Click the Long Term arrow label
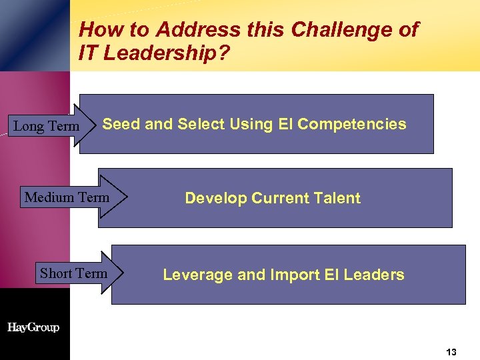47,126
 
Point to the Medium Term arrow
67,197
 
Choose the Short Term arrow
73,273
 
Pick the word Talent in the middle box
338,198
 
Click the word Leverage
193,275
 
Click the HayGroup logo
33,327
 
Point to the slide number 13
451,352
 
